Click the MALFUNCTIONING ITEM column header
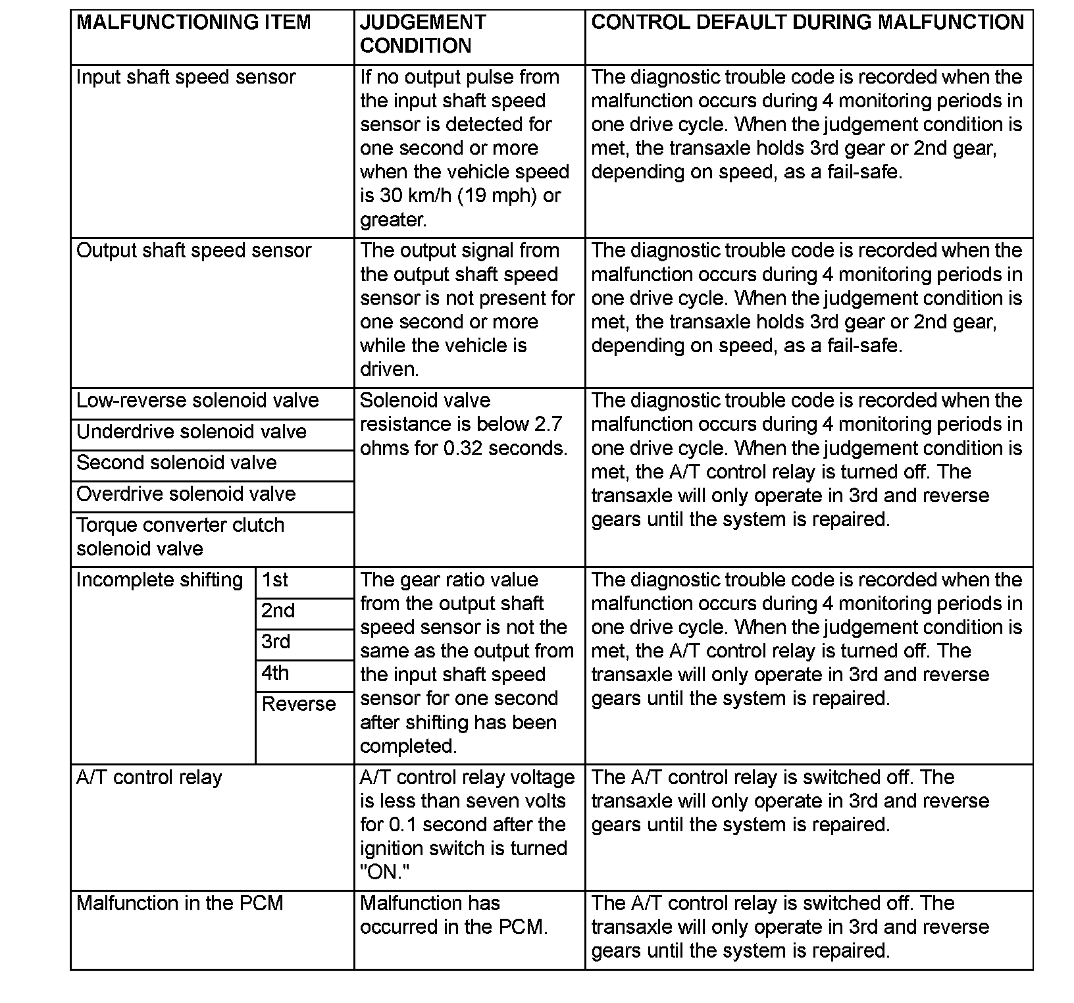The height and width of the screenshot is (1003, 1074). (x=193, y=23)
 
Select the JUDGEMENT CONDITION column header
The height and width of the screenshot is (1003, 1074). (x=422, y=34)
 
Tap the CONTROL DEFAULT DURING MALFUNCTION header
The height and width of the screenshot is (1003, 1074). (x=807, y=23)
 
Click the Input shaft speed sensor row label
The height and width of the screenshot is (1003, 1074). (x=186, y=78)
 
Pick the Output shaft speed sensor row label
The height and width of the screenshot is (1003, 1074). (x=193, y=251)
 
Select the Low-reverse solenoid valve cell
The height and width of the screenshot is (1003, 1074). (x=197, y=401)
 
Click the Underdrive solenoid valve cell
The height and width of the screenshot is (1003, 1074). (x=192, y=432)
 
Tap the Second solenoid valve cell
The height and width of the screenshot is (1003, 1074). (x=176, y=463)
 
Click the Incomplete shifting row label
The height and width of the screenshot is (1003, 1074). (x=160, y=580)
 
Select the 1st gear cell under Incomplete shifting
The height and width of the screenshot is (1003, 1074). (x=275, y=580)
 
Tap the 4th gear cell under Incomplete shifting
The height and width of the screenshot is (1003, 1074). (x=275, y=674)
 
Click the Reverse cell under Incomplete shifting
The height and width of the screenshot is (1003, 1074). (x=299, y=705)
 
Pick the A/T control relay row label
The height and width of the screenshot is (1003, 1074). (x=149, y=778)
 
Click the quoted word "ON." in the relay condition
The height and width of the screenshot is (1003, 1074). (x=385, y=873)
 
